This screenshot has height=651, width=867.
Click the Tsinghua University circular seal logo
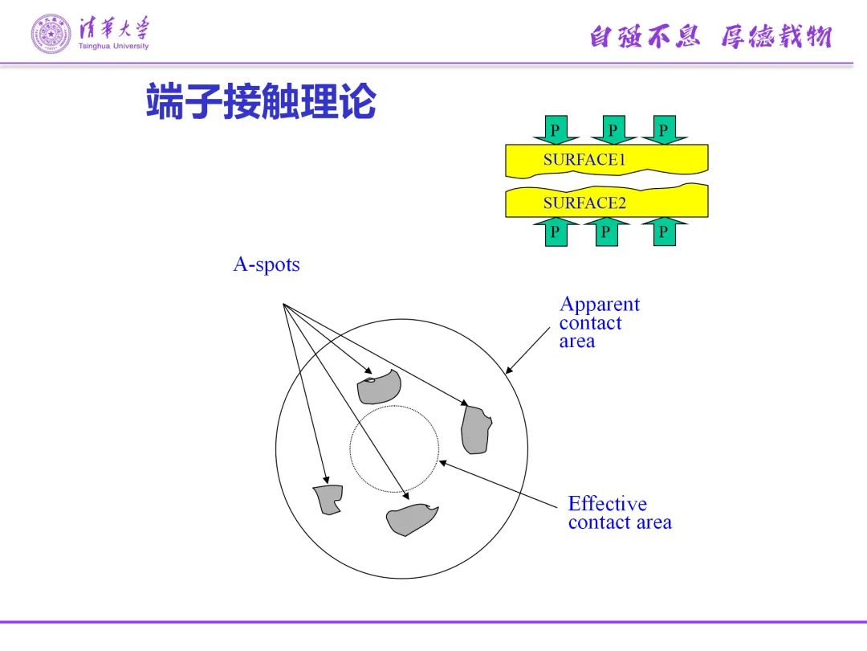(51, 34)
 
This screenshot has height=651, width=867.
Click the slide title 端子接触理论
(261, 103)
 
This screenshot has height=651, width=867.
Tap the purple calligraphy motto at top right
(710, 36)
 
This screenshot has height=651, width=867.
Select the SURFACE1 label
(584, 159)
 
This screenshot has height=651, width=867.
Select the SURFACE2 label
(584, 203)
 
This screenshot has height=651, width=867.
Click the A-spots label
(267, 264)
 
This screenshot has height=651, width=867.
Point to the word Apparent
(600, 305)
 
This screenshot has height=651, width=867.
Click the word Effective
(607, 504)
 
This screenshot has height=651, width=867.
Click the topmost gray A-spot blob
(378, 387)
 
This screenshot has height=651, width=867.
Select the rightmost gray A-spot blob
(474, 431)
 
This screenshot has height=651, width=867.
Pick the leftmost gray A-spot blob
(328, 499)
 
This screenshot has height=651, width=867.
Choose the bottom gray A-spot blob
(411, 520)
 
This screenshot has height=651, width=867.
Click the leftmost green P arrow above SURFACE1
(555, 130)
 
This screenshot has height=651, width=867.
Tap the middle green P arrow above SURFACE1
(613, 130)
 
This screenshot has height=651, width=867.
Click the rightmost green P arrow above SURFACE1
(663, 130)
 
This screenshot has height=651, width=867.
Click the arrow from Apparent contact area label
(527, 350)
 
